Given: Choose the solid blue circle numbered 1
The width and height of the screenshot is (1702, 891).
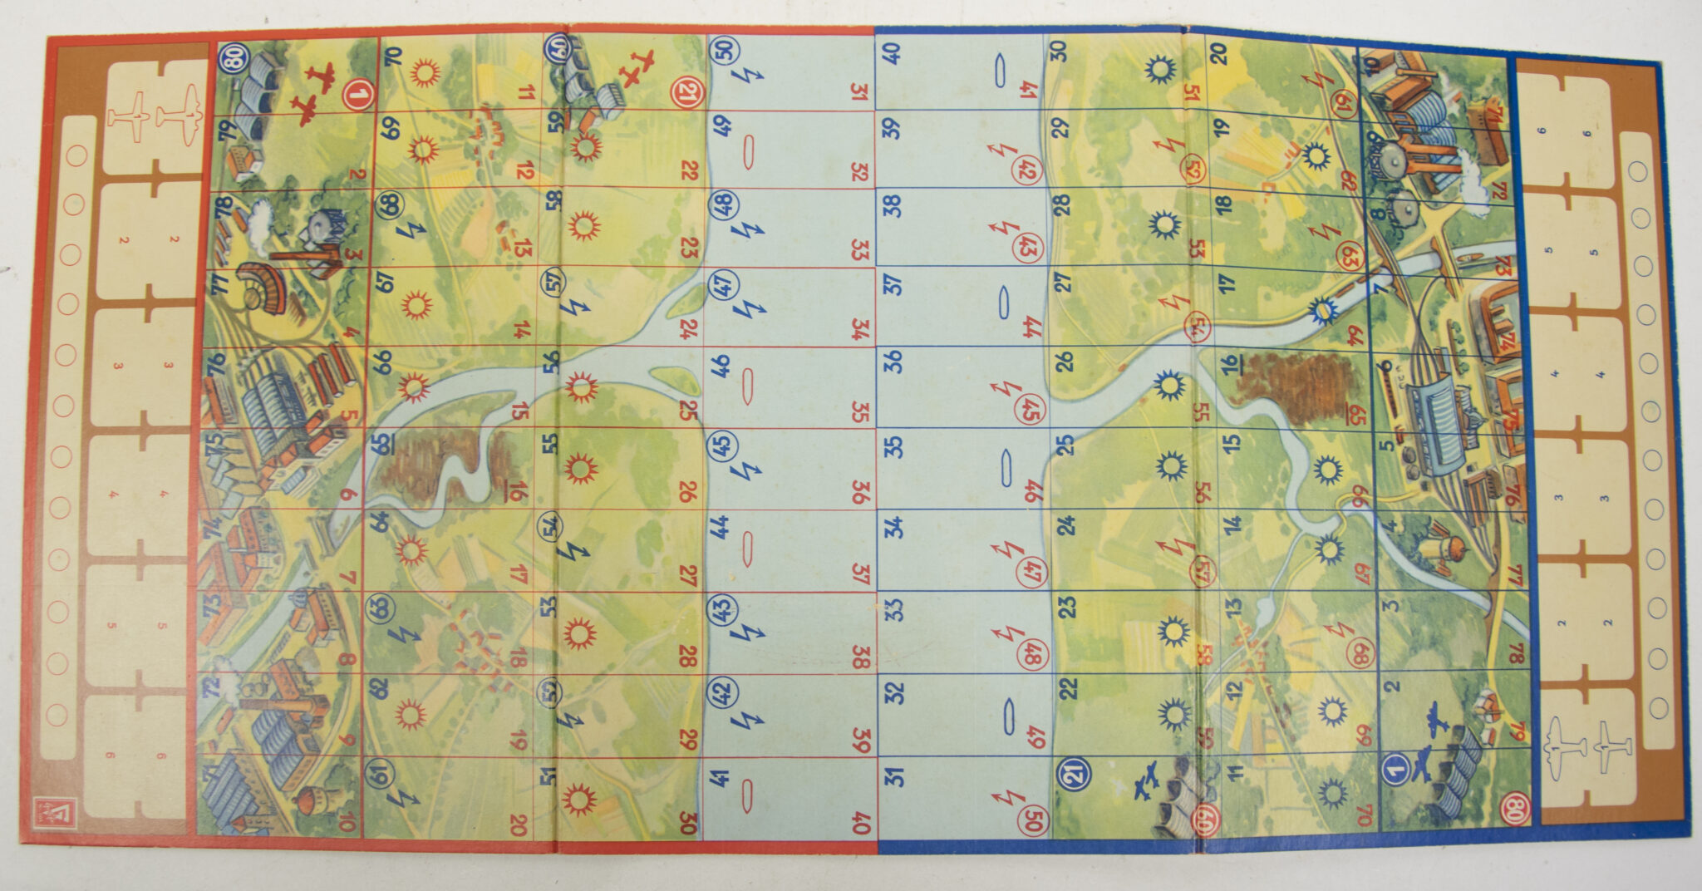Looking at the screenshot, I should coord(1395,770).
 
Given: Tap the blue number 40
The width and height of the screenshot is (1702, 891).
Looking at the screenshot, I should coord(892,53).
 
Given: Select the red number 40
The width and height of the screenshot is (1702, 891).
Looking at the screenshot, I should coord(861,823).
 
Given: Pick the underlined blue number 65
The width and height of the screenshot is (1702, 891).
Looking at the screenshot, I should coord(384,443).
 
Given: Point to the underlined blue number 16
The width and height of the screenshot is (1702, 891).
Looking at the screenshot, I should coord(1229,366).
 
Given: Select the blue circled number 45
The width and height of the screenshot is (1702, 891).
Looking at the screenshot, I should coord(723,445).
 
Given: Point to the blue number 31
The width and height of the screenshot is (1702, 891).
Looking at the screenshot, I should coord(894,776).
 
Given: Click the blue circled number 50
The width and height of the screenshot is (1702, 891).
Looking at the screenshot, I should coord(726,49).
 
